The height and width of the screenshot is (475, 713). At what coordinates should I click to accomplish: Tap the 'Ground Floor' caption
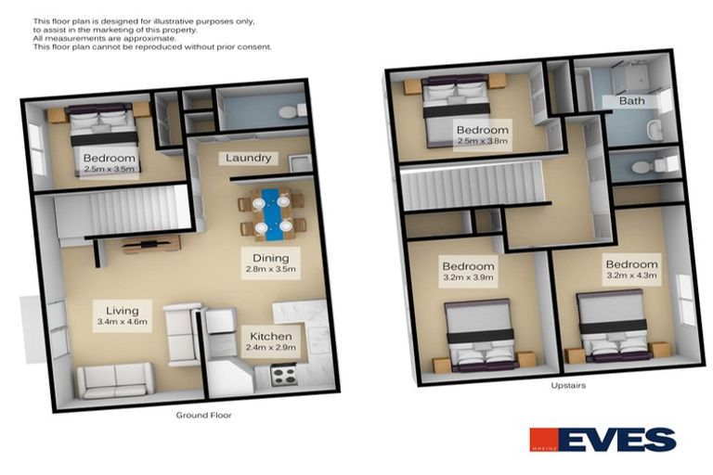point(203,415)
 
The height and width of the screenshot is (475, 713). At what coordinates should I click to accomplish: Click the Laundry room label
point(249,158)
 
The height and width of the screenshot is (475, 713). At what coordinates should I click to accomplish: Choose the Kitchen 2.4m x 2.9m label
point(270,340)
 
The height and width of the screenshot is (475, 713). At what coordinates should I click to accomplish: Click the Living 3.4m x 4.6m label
point(122,315)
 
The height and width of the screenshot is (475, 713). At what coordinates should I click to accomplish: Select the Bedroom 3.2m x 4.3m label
point(631,269)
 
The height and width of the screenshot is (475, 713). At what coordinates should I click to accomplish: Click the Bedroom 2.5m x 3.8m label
point(482,135)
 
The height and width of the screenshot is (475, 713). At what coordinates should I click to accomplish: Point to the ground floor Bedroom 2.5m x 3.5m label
point(109,164)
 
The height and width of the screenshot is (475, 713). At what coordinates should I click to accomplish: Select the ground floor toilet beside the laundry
point(289,111)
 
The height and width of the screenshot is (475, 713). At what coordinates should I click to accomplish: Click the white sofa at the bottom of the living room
point(115,379)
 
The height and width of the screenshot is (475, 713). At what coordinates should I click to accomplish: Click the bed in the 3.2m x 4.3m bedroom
point(612,325)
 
